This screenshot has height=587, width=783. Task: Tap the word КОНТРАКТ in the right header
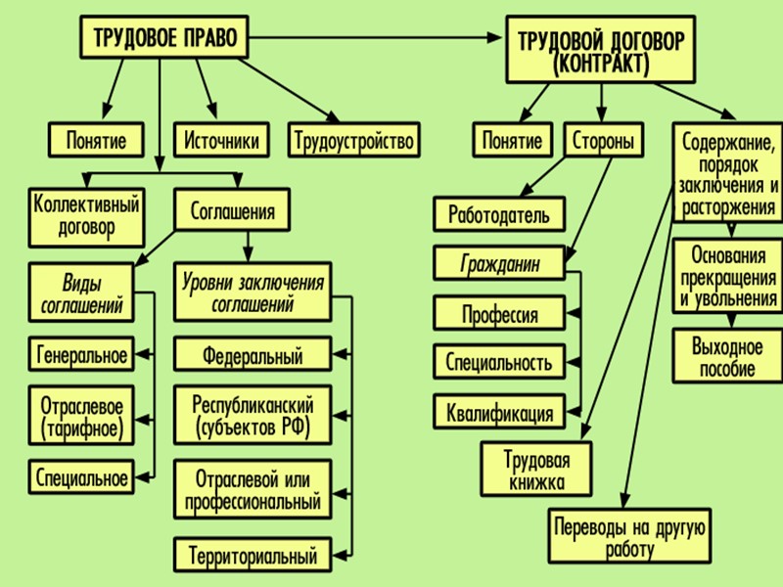(x=600, y=66)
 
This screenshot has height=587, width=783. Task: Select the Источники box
(x=222, y=141)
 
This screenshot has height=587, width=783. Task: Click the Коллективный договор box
(x=87, y=217)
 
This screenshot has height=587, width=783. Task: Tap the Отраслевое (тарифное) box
(x=80, y=415)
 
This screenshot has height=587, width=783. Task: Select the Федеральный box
(x=253, y=355)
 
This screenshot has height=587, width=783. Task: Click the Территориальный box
(x=253, y=557)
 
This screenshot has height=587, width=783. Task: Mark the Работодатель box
(x=499, y=215)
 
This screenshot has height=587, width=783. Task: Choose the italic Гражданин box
(x=499, y=264)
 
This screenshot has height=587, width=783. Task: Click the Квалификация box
(x=499, y=413)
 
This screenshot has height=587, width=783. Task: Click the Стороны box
(x=603, y=141)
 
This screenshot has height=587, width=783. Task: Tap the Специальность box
(x=499, y=363)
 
